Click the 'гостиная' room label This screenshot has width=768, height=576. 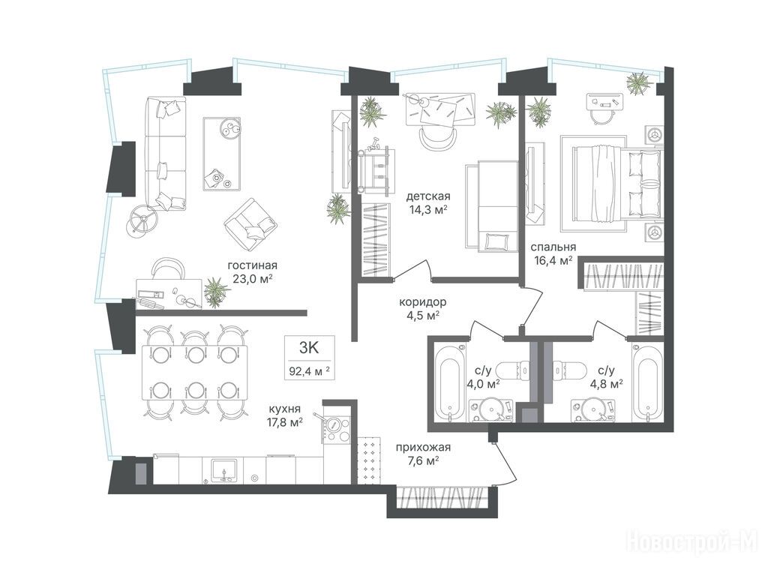[252, 265]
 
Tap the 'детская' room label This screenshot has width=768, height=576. [428, 196]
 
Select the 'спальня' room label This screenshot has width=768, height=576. [553, 247]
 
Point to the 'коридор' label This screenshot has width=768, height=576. [422, 302]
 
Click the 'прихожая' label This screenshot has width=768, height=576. [423, 447]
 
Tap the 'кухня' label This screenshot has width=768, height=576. [284, 409]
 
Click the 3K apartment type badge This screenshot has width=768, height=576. [309, 348]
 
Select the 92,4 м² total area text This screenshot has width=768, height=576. [309, 370]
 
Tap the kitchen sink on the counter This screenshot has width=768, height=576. [224, 471]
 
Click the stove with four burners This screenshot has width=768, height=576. [336, 430]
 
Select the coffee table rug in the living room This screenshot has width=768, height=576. [222, 154]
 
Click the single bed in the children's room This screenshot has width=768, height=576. [492, 206]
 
